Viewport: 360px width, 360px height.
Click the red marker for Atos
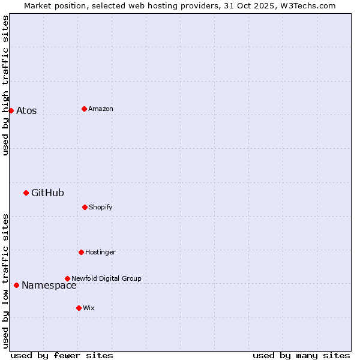point(11,110)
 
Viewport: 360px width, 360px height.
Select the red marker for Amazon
point(84,109)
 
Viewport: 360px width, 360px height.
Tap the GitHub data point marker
point(26,193)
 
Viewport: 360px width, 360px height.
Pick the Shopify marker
point(85,207)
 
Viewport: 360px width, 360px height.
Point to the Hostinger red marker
point(81,252)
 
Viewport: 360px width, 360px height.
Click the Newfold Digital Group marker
point(67,278)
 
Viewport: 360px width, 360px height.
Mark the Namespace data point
point(16,285)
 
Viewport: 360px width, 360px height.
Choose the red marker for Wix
point(79,308)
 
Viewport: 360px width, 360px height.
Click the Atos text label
point(26,110)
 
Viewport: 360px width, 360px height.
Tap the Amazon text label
point(101,109)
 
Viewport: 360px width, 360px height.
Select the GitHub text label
point(47,193)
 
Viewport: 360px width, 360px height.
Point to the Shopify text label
point(101,207)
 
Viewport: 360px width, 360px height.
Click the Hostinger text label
point(100,252)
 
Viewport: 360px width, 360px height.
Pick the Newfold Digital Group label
point(106,278)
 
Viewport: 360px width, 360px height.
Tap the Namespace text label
point(49,286)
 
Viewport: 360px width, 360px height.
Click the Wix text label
point(89,308)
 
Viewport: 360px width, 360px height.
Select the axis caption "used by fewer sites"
point(62,355)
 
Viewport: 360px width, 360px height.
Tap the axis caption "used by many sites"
point(301,355)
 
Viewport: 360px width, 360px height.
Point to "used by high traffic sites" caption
point(5,85)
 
